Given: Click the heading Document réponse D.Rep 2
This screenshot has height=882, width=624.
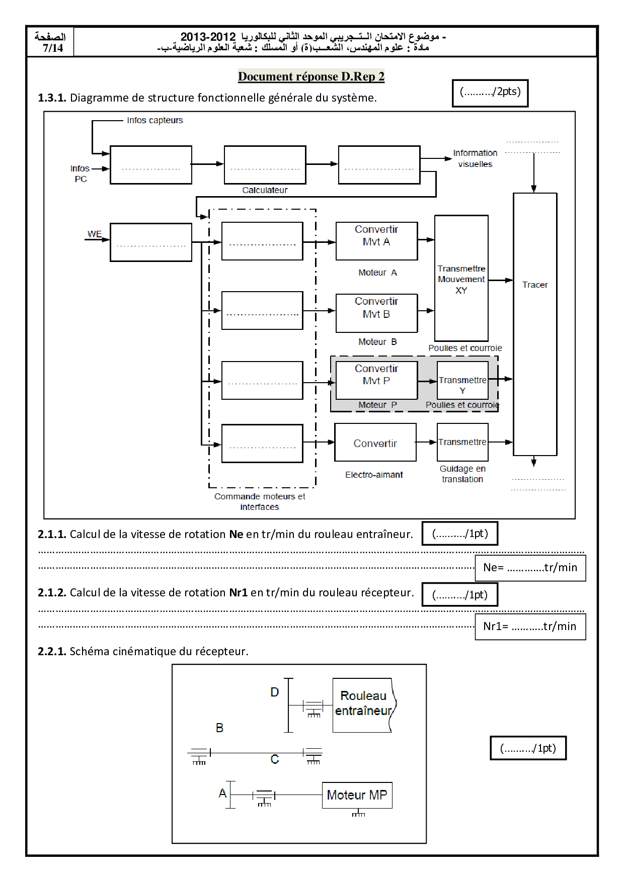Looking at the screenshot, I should (x=311, y=76).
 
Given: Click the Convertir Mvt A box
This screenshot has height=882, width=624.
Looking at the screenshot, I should (x=376, y=241).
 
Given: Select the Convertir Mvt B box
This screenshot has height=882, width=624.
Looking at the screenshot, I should (x=376, y=313).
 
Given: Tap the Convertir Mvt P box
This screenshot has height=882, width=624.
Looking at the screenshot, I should (x=376, y=380).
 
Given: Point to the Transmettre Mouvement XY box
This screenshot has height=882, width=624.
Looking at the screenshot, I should (x=461, y=279).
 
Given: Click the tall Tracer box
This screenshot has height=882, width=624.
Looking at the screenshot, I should (x=535, y=324).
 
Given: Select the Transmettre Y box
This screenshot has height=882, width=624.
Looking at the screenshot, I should (x=462, y=380).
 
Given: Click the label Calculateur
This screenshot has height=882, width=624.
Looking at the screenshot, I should (x=265, y=190).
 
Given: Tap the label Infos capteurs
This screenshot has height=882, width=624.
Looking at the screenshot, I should (x=155, y=120).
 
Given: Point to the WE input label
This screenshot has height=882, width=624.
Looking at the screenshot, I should (x=94, y=234).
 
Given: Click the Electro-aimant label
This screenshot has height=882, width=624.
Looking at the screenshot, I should (x=374, y=475).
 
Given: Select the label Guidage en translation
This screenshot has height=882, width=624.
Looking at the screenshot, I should (x=462, y=474).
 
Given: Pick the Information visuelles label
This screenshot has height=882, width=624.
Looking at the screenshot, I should (x=475, y=158).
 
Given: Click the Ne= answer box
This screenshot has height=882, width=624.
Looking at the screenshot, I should (x=530, y=568).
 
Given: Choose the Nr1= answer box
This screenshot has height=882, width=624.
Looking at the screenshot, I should (x=530, y=626).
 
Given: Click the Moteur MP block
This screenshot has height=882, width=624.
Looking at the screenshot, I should (x=357, y=795).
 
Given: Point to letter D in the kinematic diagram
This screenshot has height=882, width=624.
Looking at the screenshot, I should (x=274, y=692).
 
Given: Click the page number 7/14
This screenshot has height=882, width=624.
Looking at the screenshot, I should (x=52, y=48).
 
